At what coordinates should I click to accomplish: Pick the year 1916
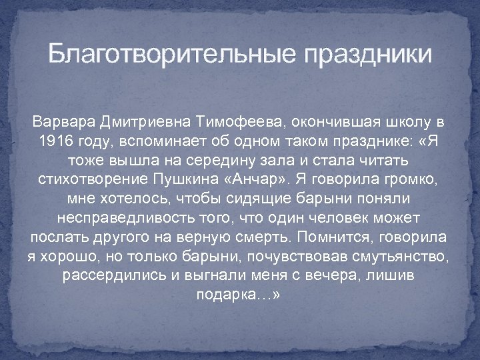[x=55, y=143]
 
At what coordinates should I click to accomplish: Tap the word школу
[x=395, y=123]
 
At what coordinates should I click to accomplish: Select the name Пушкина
[x=198, y=181]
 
